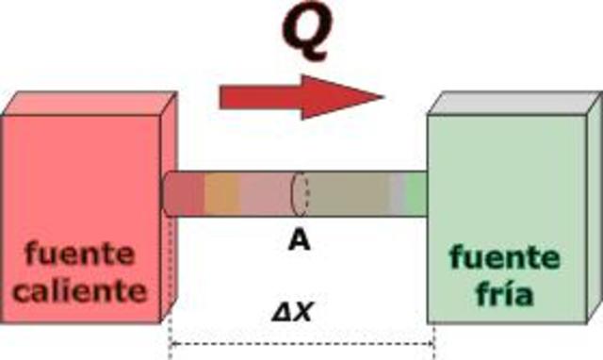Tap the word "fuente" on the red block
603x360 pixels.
click(80, 253)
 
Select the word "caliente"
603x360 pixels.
click(86, 289)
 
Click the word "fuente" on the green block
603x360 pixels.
click(504, 256)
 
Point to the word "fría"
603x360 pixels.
click(504, 294)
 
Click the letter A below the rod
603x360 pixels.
click(299, 241)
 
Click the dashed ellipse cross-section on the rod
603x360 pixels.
click(300, 194)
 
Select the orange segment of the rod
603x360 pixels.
click(222, 194)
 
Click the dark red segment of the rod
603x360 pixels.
click(186, 194)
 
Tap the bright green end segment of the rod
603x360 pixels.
click(416, 192)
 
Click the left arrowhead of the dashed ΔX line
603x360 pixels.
click(174, 344)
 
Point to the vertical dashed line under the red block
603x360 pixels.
click(170, 273)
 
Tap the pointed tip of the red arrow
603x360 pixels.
click(382, 97)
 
